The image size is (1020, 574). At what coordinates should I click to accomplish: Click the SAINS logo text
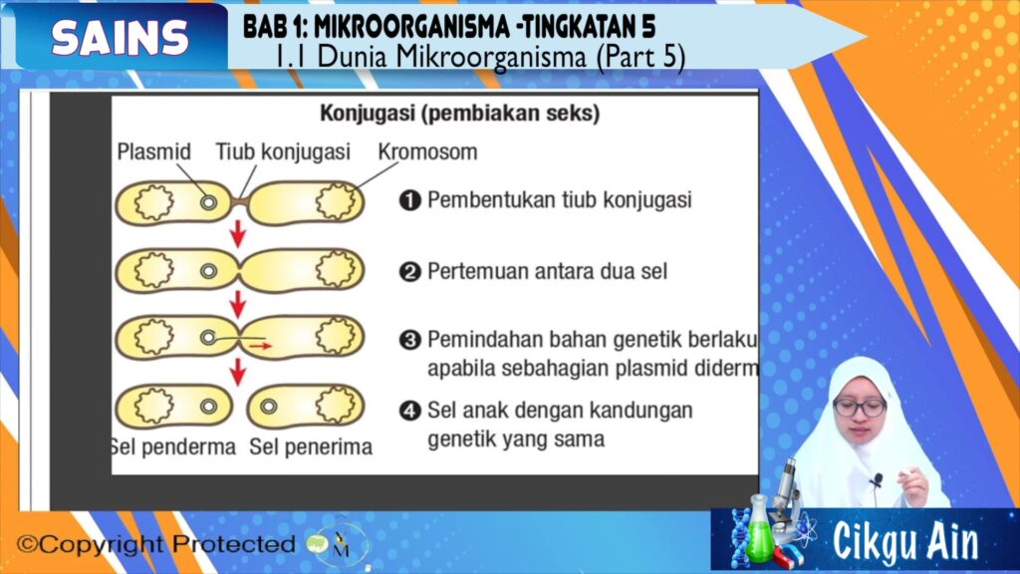point(121,37)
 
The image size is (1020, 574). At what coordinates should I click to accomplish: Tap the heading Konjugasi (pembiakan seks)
point(460,114)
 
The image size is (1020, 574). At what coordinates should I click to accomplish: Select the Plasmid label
point(153,151)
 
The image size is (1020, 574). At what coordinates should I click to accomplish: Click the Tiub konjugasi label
point(283,151)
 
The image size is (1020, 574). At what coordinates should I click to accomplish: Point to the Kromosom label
point(427,151)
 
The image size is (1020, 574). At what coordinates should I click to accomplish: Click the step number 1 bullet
point(409,199)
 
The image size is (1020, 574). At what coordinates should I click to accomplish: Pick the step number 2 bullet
point(409,271)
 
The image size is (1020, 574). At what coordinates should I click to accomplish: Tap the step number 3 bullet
point(409,340)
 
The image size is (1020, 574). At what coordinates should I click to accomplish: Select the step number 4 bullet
point(409,411)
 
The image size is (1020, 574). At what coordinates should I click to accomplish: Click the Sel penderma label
point(173,447)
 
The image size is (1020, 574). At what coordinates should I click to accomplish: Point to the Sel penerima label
point(311,447)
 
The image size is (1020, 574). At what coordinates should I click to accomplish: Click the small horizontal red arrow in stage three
point(260,346)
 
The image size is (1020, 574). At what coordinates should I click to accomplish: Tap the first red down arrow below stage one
point(238,234)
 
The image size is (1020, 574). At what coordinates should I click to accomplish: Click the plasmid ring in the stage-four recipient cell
point(268,407)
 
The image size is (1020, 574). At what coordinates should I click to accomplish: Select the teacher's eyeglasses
point(860,408)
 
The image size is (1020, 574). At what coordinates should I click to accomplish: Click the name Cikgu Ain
point(905,541)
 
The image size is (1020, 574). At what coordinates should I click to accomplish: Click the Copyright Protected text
point(156,544)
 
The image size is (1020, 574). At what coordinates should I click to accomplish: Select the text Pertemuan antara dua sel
point(547,271)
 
